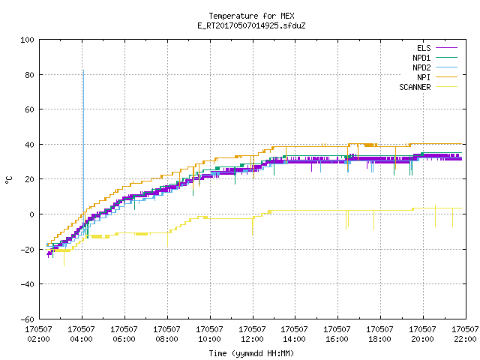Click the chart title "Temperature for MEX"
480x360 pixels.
click(x=251, y=16)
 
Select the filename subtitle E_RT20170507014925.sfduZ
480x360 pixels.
click(x=251, y=25)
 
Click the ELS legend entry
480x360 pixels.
click(x=424, y=48)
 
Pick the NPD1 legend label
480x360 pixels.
click(x=421, y=58)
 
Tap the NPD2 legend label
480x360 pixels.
click(x=421, y=67)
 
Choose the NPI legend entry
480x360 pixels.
click(x=424, y=77)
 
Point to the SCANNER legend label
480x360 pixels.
click(x=415, y=87)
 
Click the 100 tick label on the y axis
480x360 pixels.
click(x=27, y=40)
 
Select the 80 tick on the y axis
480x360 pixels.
click(x=29, y=75)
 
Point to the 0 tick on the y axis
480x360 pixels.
click(x=31, y=214)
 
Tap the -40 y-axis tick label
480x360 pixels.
click(x=27, y=284)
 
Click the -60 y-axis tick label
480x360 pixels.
click(x=27, y=319)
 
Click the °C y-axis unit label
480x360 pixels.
click(x=8, y=180)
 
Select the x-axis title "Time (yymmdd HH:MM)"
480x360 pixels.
click(x=251, y=353)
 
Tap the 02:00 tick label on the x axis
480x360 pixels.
click(x=38, y=339)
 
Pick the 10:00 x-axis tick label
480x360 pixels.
click(x=209, y=339)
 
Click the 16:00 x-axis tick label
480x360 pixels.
click(x=337, y=339)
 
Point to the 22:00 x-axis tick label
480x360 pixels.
click(x=465, y=339)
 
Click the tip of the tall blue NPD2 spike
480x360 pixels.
click(x=83, y=70)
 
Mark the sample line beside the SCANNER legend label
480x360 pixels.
click(x=446, y=87)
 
